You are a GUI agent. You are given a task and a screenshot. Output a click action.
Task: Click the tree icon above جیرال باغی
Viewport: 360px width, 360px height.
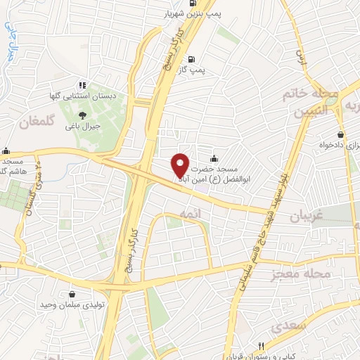click(83, 114)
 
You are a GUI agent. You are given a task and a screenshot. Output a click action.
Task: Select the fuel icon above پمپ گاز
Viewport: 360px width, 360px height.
click(202, 59)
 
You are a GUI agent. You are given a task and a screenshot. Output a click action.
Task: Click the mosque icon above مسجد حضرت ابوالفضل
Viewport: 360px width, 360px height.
click(214, 157)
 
